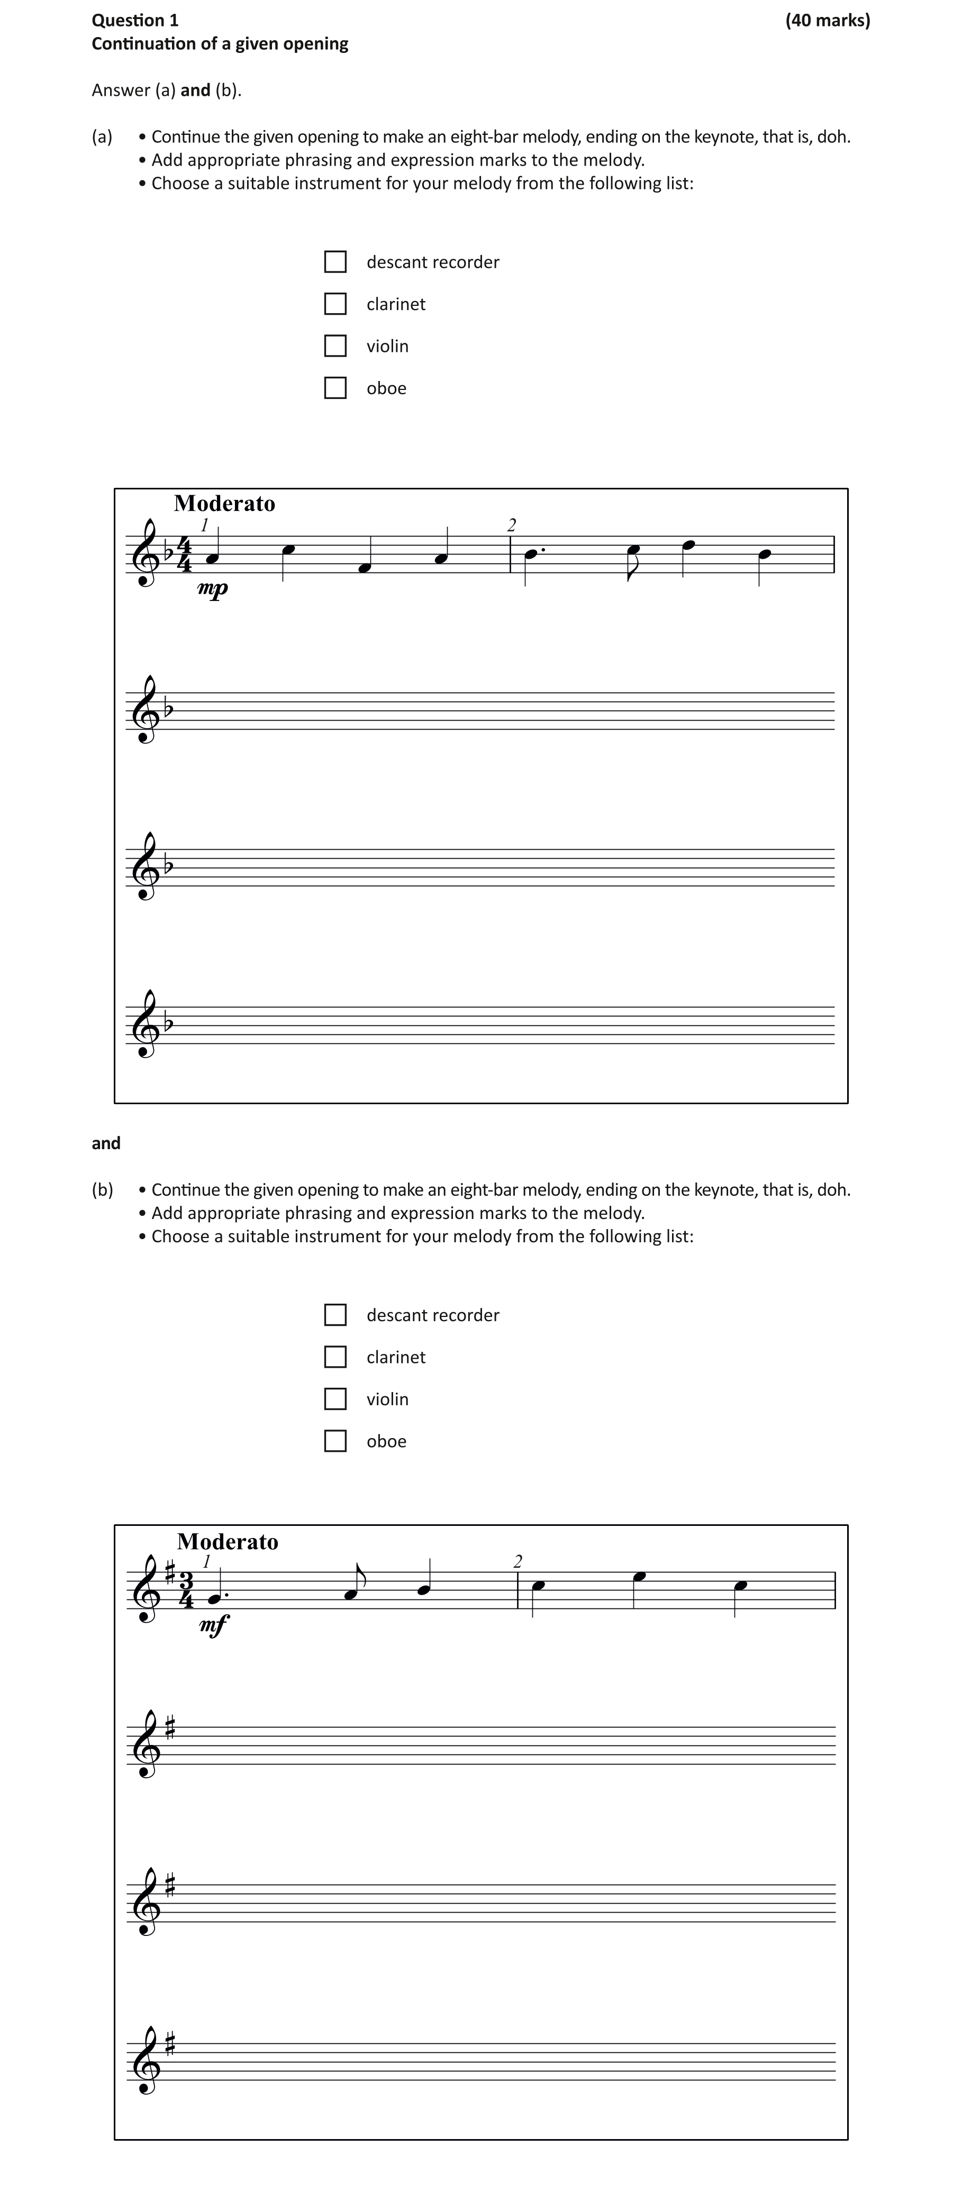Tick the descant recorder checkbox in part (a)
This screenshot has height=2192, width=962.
coord(335,262)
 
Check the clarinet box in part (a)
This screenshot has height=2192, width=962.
coord(335,304)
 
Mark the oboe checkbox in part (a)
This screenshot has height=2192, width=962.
coord(335,388)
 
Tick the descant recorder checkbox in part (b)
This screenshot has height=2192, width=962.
coord(335,1315)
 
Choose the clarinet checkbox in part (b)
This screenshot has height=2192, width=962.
coord(335,1357)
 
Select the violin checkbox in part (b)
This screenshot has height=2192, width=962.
coord(335,1399)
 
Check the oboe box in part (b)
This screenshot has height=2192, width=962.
coord(335,1441)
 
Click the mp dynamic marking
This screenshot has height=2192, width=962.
coord(213,588)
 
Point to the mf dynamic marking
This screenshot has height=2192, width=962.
coord(214,1625)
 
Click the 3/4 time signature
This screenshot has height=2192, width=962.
coord(186,1590)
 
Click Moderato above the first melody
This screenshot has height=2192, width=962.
coord(225,504)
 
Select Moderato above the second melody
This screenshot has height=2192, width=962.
coord(228,1542)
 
